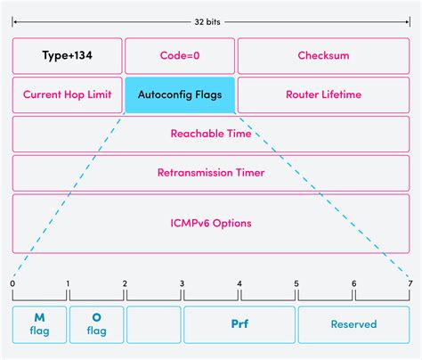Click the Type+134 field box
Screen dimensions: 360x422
pos(67,55)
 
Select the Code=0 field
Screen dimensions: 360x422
pos(180,55)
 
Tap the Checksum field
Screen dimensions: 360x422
pos(323,55)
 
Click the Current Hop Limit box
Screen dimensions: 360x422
pos(67,94)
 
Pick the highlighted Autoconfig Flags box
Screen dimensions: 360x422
pos(180,94)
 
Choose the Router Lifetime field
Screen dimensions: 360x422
pos(323,94)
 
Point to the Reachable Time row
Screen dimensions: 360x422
pos(211,134)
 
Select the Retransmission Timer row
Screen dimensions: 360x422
pos(211,172)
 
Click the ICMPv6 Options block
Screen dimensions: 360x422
pos(211,222)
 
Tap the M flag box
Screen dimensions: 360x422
pos(38,324)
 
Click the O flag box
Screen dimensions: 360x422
pos(96,324)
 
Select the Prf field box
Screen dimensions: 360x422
pos(239,324)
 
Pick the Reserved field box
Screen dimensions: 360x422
pos(353,324)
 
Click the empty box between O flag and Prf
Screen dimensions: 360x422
pos(153,324)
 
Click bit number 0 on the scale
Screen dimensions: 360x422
pos(12,283)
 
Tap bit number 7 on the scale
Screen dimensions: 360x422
pos(410,283)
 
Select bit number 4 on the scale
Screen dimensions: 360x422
pos(239,283)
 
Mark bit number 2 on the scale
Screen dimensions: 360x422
pos(125,283)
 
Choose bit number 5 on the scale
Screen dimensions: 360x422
pos(296,283)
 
